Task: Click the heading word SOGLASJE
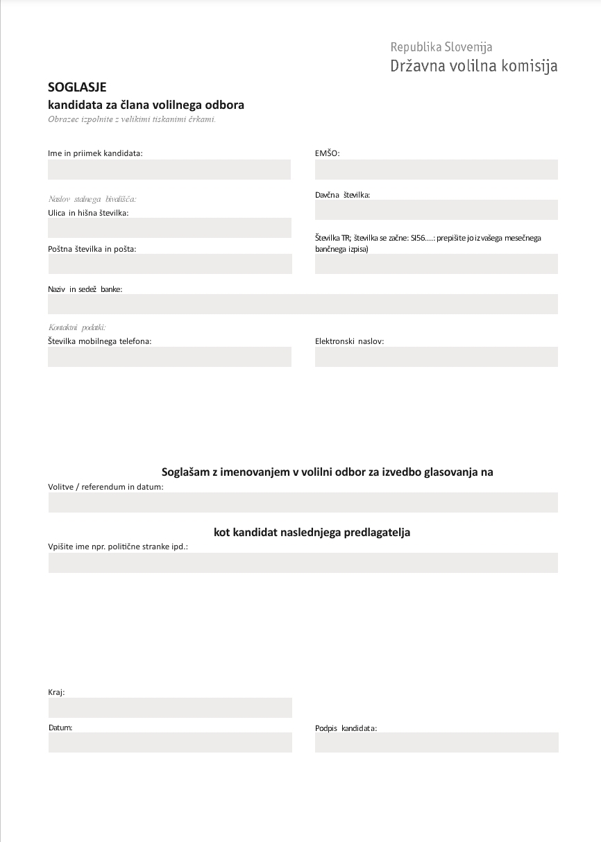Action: coord(77,87)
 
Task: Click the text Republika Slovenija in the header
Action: coord(441,47)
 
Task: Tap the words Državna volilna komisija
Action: coord(473,67)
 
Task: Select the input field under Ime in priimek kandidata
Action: coord(169,169)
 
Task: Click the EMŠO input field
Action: coord(436,169)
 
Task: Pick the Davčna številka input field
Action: coord(436,209)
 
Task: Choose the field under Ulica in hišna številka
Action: coord(169,227)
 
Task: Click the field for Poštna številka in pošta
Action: coord(169,264)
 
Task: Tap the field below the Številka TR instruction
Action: coord(436,264)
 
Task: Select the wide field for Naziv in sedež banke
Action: coord(303,304)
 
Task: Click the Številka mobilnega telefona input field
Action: coord(169,356)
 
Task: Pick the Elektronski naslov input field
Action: coord(436,356)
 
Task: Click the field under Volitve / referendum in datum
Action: coord(303,502)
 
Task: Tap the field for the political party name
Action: coord(303,562)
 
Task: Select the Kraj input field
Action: coord(169,707)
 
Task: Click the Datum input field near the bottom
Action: coord(169,742)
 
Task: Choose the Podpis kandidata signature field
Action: coord(436,742)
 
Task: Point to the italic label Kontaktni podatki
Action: coord(77,327)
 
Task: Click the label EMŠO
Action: coord(327,153)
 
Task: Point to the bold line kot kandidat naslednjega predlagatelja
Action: coord(312,533)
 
